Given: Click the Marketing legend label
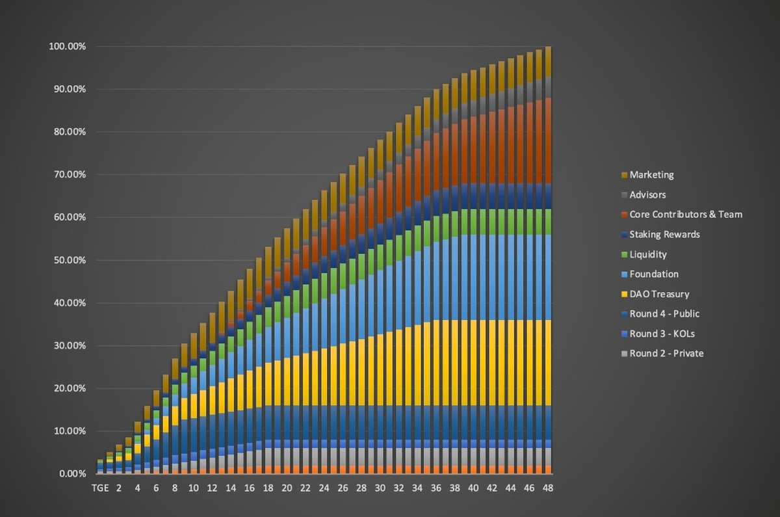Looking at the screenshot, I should point(651,175).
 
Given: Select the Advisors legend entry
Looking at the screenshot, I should point(647,194).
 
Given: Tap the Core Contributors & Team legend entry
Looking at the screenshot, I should point(686,214).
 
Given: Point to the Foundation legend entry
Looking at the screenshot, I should point(654,274).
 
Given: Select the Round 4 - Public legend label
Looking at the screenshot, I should point(664,313).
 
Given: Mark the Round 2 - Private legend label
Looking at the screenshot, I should point(666,353).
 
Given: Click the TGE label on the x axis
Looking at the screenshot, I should point(99,488).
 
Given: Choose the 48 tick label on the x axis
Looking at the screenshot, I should point(548,488).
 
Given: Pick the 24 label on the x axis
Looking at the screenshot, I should point(324,488).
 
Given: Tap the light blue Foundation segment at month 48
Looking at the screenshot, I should point(548,277).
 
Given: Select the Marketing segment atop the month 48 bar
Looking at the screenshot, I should point(548,61).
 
